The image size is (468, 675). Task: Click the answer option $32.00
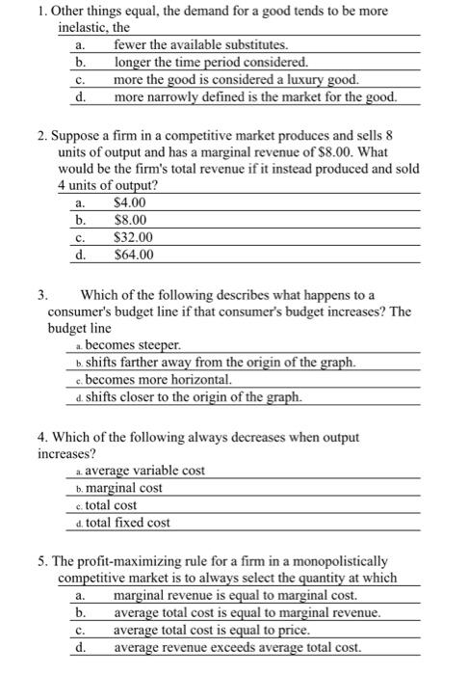(x=133, y=237)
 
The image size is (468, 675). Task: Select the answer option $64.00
(x=133, y=255)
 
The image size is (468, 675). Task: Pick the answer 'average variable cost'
(x=144, y=471)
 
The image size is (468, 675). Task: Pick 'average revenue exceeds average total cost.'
(x=237, y=647)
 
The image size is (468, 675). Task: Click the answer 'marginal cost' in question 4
(x=124, y=488)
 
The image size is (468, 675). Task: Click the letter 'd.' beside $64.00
(x=81, y=255)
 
